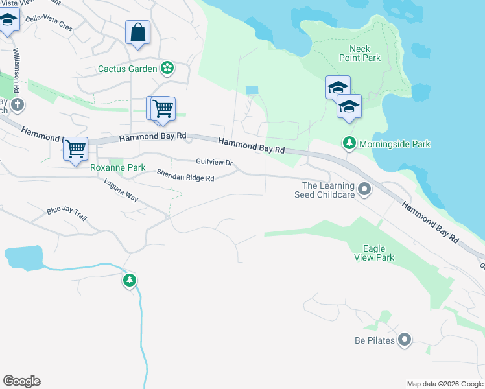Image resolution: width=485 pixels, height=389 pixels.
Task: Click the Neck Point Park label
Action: [x=359, y=53]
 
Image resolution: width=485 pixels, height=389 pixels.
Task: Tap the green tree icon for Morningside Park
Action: [x=349, y=143]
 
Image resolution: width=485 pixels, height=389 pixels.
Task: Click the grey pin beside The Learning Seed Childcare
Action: [x=364, y=189]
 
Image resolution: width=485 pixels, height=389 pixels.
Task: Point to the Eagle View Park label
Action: [x=374, y=253]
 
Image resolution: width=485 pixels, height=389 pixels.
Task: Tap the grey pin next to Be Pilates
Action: [x=405, y=340]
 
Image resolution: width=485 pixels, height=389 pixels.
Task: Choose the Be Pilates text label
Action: [x=375, y=340]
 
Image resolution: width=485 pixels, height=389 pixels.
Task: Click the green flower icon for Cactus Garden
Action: [x=168, y=67]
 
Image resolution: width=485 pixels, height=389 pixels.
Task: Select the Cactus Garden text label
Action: [x=128, y=69]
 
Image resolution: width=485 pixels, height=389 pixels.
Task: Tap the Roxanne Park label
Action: [x=117, y=167]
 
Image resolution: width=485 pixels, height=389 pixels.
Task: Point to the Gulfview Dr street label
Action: [x=214, y=162]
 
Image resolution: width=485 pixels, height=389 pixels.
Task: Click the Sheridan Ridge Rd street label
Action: [x=185, y=175]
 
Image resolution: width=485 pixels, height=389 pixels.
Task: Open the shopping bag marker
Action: [x=138, y=32]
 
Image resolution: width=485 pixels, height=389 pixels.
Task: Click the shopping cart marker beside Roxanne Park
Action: [x=76, y=148]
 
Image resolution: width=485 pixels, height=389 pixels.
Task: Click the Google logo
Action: [x=21, y=381]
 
